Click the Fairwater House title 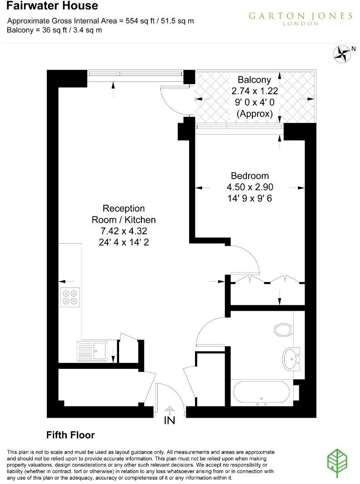52,6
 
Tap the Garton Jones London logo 300,18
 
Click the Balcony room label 255,80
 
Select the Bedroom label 250,176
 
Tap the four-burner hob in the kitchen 70,297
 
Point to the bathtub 261,393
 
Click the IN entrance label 170,421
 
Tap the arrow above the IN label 170,410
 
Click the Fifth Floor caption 70,435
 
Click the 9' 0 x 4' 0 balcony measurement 255,103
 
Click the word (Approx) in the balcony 255,114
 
